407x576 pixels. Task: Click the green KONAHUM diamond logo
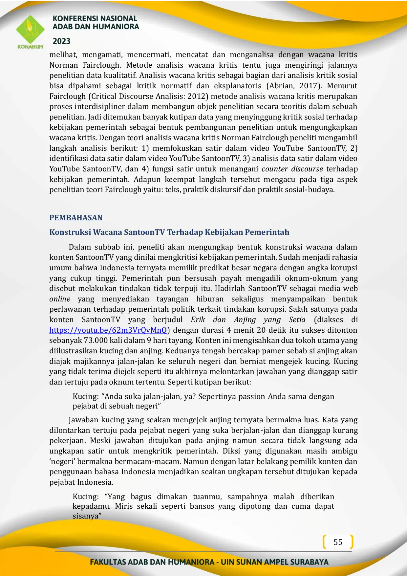30,30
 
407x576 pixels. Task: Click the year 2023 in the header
62,41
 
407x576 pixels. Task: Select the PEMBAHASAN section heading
76,218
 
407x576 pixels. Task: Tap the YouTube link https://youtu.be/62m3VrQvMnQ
108,330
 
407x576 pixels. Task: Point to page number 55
338,542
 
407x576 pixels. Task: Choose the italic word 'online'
60,299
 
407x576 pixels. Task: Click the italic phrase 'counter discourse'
292,169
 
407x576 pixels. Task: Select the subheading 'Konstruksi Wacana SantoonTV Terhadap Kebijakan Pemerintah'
169,233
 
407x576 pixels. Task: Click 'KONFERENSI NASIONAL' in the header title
95,19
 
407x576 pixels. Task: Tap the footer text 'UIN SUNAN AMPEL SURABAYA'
274,562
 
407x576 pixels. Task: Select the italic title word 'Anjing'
245,320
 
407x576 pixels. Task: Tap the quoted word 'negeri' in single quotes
62,462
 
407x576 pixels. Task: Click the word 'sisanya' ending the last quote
86,516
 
